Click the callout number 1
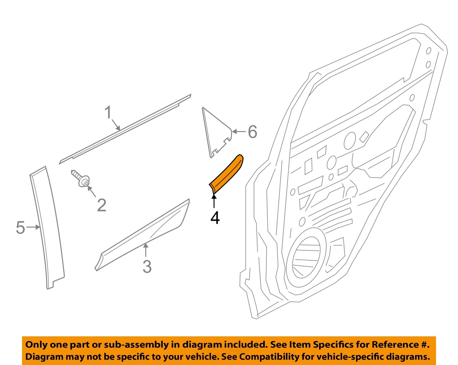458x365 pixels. pos(108,113)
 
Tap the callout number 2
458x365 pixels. pos(101,205)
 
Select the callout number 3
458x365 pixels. pos(147,267)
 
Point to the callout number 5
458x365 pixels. pos(20,227)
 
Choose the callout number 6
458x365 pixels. pos(252,132)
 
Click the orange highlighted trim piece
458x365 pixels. pos(227,174)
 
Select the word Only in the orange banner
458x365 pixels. pos(36,345)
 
